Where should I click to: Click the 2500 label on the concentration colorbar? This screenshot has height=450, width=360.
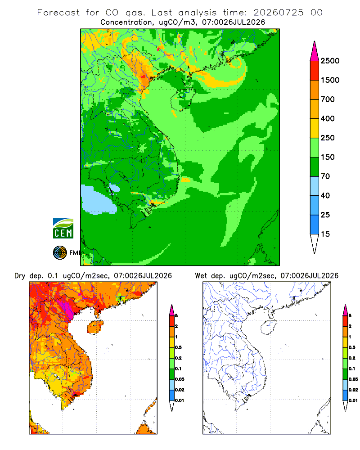330,61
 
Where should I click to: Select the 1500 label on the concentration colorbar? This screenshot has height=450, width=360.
330,80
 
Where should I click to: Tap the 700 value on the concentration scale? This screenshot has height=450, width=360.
328,99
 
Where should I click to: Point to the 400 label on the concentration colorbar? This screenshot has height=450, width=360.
328,118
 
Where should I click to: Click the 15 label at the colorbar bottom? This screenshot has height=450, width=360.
325,234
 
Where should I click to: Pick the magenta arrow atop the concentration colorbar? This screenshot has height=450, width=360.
315,51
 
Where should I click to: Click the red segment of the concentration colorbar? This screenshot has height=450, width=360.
315,71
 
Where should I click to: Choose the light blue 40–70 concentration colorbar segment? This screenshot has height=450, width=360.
315,186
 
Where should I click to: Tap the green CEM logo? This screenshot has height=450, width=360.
63,229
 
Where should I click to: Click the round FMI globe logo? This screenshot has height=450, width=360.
60,253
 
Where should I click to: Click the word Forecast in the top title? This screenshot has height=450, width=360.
58,13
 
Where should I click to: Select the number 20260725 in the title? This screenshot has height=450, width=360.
278,13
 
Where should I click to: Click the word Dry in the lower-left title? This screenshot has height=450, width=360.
20,276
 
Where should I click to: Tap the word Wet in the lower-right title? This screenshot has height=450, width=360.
201,276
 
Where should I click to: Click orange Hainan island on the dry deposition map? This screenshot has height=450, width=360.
95,327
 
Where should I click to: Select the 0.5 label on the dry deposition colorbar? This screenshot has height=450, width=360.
178,347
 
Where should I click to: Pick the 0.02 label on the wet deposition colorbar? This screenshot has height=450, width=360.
353,390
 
